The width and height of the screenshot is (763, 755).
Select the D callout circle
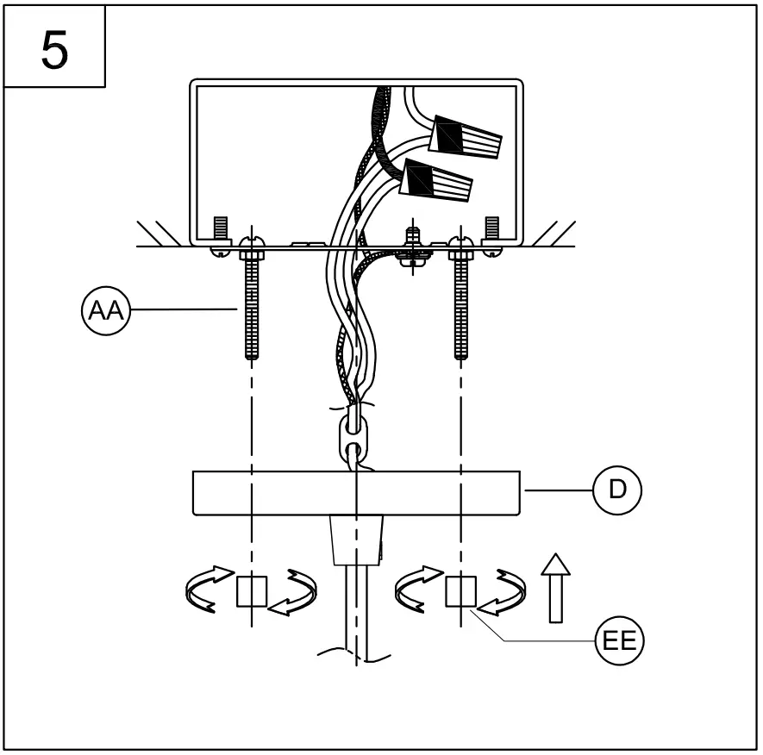[616, 490]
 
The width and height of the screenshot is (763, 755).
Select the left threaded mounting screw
[253, 302]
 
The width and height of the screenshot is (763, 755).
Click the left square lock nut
[252, 591]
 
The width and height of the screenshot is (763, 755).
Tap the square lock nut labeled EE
[461, 591]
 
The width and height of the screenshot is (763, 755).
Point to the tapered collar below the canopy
[356, 540]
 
